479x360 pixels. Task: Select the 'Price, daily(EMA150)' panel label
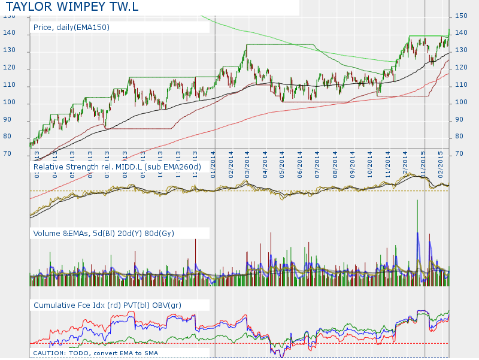tap(72, 28)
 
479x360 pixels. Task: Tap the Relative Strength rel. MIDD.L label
tap(117, 166)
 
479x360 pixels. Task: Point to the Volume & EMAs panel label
tap(104, 233)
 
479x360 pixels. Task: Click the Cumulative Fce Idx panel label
tap(107, 305)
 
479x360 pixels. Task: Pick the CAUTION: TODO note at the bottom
tap(96, 353)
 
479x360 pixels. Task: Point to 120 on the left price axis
tap(8, 69)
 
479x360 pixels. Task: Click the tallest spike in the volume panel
tap(417, 204)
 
